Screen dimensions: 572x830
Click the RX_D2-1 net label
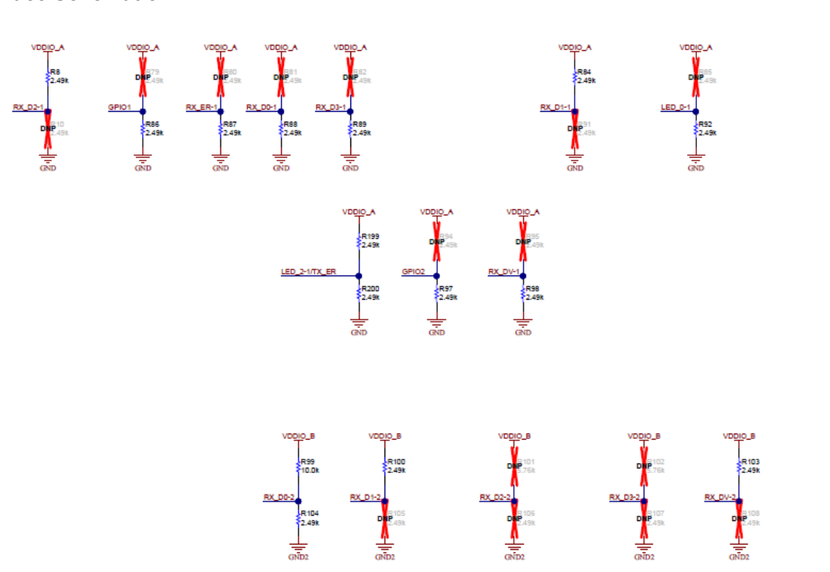tap(28, 107)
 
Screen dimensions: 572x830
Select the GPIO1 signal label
tap(120, 107)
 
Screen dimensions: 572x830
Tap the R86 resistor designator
tap(153, 124)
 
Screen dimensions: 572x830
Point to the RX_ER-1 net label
tap(202, 107)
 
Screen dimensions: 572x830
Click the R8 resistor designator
tap(55, 71)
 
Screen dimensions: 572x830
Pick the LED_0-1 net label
tap(676, 107)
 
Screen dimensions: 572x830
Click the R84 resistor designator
tap(584, 71)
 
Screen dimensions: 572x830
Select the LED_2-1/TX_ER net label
tap(308, 272)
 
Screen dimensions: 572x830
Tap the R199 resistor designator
tap(370, 237)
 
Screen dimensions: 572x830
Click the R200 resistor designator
tap(370, 289)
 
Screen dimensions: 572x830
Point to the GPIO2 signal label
tap(414, 272)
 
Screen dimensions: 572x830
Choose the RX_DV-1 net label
tap(503, 272)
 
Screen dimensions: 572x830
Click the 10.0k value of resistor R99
tap(309, 470)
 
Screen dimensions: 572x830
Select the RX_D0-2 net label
tap(279, 497)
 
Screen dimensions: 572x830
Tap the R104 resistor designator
tap(309, 514)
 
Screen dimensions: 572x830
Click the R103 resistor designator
tap(750, 462)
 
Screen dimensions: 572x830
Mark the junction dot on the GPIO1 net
tap(143, 112)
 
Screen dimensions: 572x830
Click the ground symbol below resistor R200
tap(359, 323)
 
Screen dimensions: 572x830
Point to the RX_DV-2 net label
tap(721, 497)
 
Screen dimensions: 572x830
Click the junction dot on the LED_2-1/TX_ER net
tap(359, 276)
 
